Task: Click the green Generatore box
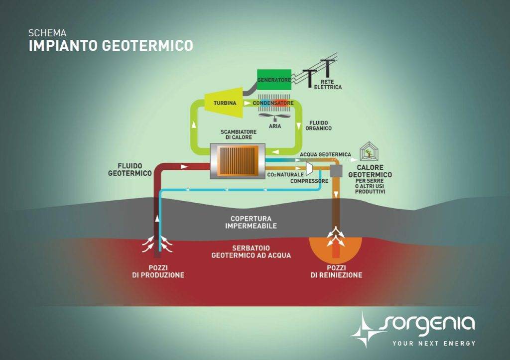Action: tap(273, 79)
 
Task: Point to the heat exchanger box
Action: tap(238, 159)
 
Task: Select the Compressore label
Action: tap(310, 181)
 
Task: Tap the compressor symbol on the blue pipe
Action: tap(309, 168)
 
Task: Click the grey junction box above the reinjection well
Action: tap(337, 170)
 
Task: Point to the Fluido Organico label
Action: tap(320, 125)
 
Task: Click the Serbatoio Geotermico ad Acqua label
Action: tap(251, 251)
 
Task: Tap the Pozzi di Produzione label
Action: tap(158, 271)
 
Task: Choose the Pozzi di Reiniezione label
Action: tap(336, 271)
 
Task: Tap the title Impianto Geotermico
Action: tap(111, 45)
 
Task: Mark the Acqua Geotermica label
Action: tap(326, 154)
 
